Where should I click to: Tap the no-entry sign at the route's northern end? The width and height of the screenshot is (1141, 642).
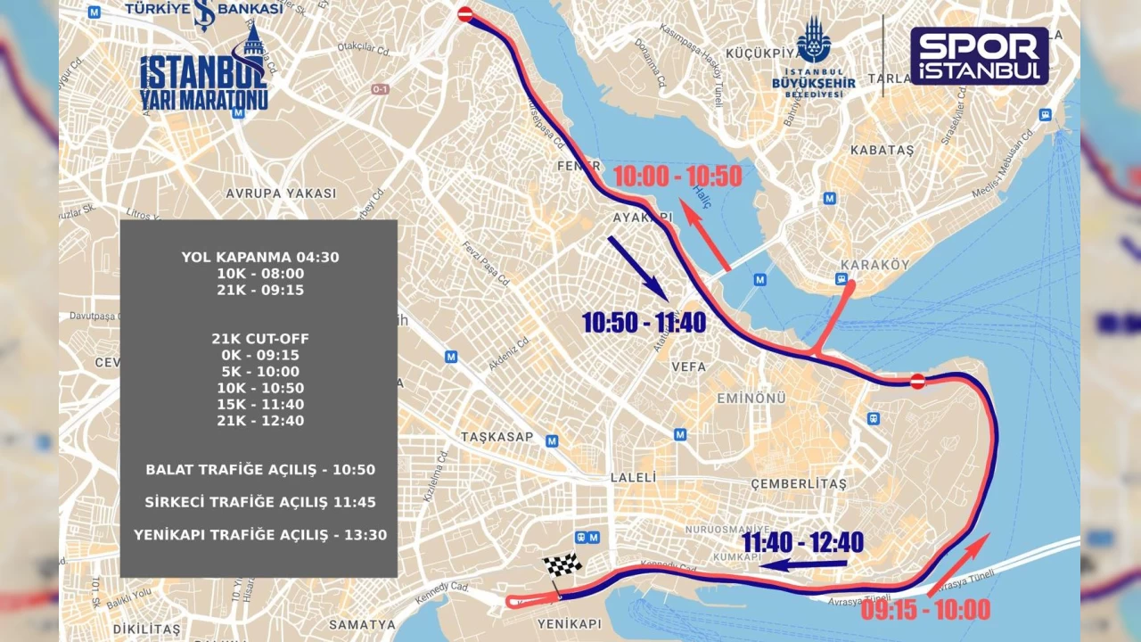point(464,14)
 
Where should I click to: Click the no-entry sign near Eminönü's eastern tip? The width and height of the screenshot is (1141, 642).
point(917,382)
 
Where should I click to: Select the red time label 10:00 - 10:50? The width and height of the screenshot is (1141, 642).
point(677,177)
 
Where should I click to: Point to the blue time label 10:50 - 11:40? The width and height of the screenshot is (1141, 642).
point(644,322)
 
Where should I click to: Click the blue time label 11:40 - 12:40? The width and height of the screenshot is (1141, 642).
point(802,542)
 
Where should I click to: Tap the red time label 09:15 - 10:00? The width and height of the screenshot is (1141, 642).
point(925,610)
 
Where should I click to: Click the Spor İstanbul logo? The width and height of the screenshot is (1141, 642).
point(979,55)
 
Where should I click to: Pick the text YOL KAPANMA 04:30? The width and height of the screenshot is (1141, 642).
point(260,257)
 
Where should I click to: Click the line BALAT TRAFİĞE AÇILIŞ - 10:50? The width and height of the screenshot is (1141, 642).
point(260,470)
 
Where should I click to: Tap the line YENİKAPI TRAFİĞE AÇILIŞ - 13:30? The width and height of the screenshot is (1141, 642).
point(260,535)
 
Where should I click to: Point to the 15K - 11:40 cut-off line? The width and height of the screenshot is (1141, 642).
point(260,404)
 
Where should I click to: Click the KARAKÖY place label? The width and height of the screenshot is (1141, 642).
point(862,265)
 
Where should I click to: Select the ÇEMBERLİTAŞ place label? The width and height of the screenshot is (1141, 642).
point(799,483)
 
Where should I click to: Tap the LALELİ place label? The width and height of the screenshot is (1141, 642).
point(633,478)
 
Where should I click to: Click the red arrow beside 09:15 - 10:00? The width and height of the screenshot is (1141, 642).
point(959,564)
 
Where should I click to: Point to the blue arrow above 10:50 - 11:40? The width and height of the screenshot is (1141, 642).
point(638,267)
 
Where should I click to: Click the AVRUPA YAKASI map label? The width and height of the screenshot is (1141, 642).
point(281,193)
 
